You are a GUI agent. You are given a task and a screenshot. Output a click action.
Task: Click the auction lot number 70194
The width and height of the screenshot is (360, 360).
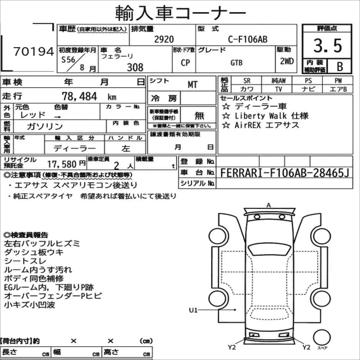click(x=34, y=51)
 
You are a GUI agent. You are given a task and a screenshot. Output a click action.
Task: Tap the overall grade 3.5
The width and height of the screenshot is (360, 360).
click(x=328, y=46)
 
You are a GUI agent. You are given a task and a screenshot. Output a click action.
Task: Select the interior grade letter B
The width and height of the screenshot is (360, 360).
click(x=340, y=66)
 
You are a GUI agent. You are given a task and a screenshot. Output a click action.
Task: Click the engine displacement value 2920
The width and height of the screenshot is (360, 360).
click(x=164, y=39)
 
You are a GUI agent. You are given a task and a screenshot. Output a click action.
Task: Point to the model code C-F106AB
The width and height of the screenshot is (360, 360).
click(x=248, y=39)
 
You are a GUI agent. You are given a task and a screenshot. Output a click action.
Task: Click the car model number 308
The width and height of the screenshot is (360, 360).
click(x=135, y=68)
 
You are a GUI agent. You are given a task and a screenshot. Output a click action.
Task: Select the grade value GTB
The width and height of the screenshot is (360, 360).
click(x=236, y=63)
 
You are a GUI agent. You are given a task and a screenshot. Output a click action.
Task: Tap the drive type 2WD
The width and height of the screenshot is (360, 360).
click(x=287, y=61)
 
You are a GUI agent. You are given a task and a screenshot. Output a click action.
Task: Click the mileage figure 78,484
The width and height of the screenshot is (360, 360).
click(x=79, y=96)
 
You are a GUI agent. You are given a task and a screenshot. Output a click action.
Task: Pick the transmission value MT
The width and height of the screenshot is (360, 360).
click(x=193, y=85)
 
